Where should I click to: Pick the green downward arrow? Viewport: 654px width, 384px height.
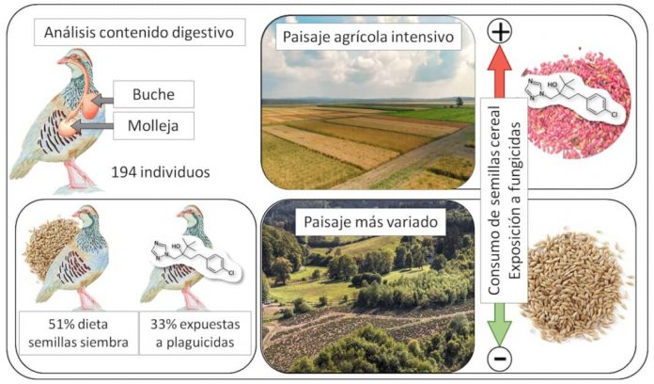pos(500,324)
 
